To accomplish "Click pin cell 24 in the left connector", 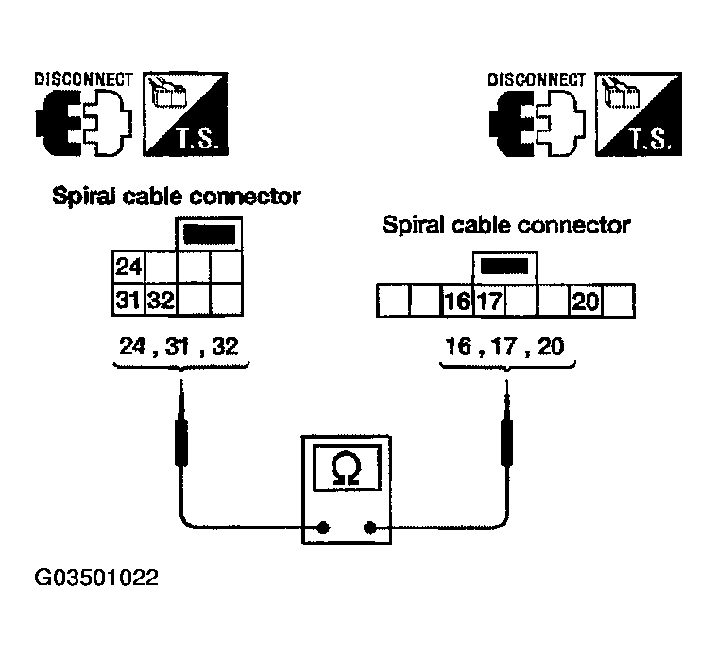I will [x=128, y=268].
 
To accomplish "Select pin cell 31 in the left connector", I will [x=128, y=302].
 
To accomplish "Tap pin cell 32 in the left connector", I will [x=159, y=302].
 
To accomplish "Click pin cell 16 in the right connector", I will [x=457, y=302].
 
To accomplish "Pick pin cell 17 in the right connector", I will [x=489, y=302].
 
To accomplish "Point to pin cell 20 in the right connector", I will [x=584, y=302].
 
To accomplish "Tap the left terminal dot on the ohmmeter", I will [x=323, y=527].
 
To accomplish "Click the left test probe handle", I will [x=179, y=443].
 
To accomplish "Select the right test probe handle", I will [x=507, y=443].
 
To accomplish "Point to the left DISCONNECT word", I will [x=83, y=79].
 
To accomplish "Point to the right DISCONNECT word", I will [x=537, y=79].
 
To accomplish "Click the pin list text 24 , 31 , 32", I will [x=179, y=346].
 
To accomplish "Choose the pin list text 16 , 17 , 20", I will [x=504, y=346].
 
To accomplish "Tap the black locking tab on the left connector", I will [x=209, y=233].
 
